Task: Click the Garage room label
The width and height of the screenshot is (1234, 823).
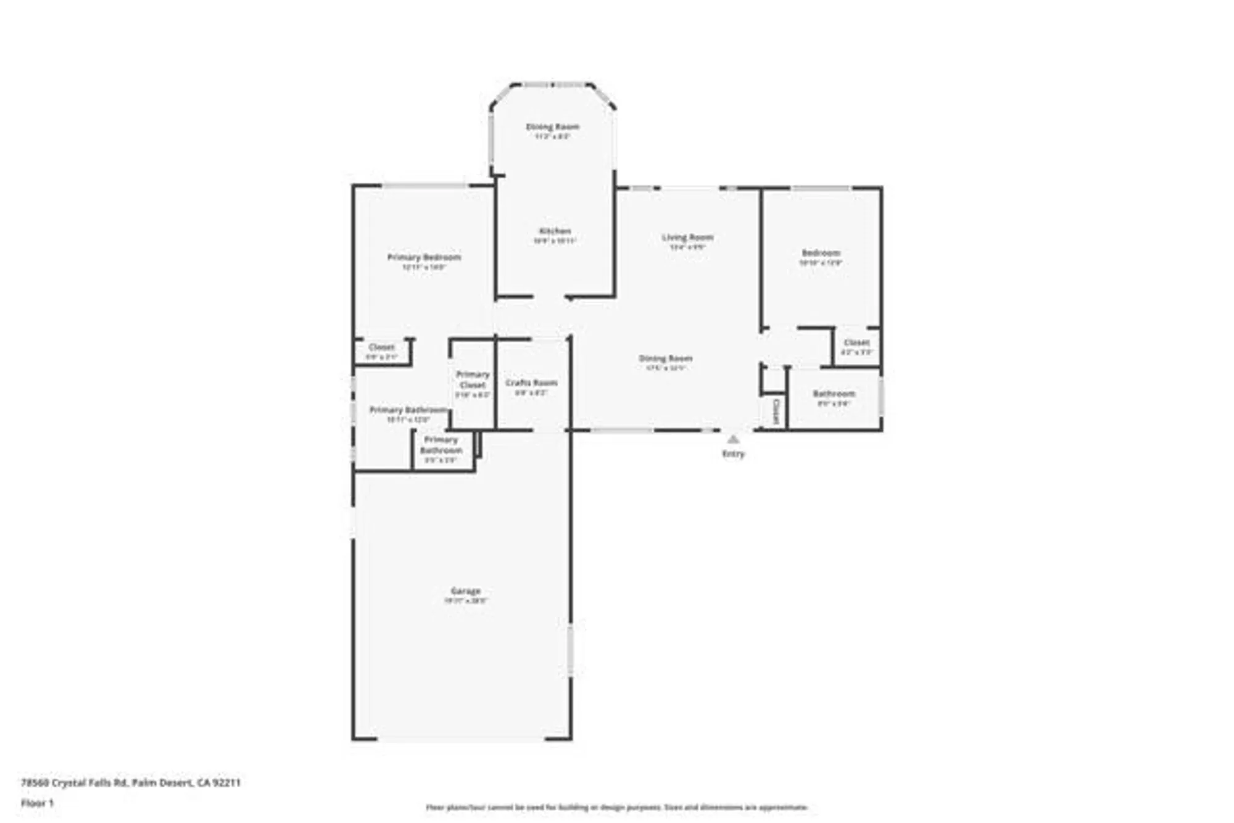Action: point(465,591)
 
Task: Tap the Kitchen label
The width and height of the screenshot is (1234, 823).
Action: point(555,231)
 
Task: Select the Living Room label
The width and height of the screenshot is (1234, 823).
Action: point(687,238)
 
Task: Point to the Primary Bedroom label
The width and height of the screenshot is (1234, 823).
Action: point(424,257)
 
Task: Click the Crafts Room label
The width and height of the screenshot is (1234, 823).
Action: point(531,383)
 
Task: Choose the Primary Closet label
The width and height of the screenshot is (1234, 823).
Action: point(473,379)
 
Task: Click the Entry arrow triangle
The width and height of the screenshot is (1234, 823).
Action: point(733,439)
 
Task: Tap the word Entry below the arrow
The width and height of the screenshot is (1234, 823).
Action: point(733,454)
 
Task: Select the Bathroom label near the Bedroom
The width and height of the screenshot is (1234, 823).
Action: point(834,394)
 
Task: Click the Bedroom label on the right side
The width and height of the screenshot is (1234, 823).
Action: point(821,253)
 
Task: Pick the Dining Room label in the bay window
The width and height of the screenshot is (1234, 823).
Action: point(552,127)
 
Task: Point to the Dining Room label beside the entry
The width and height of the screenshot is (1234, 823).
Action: point(665,358)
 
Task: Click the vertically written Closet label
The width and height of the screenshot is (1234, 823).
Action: point(776,411)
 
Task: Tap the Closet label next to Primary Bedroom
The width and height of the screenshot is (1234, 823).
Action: point(381,347)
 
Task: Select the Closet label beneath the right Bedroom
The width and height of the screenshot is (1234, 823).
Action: point(856,342)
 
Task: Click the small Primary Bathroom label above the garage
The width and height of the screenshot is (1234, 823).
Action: point(441,445)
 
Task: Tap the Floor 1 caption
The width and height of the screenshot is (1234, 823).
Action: point(38,803)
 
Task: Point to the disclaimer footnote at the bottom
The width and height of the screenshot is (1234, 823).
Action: point(616,807)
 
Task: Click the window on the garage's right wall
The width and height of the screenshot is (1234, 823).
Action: point(571,651)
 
